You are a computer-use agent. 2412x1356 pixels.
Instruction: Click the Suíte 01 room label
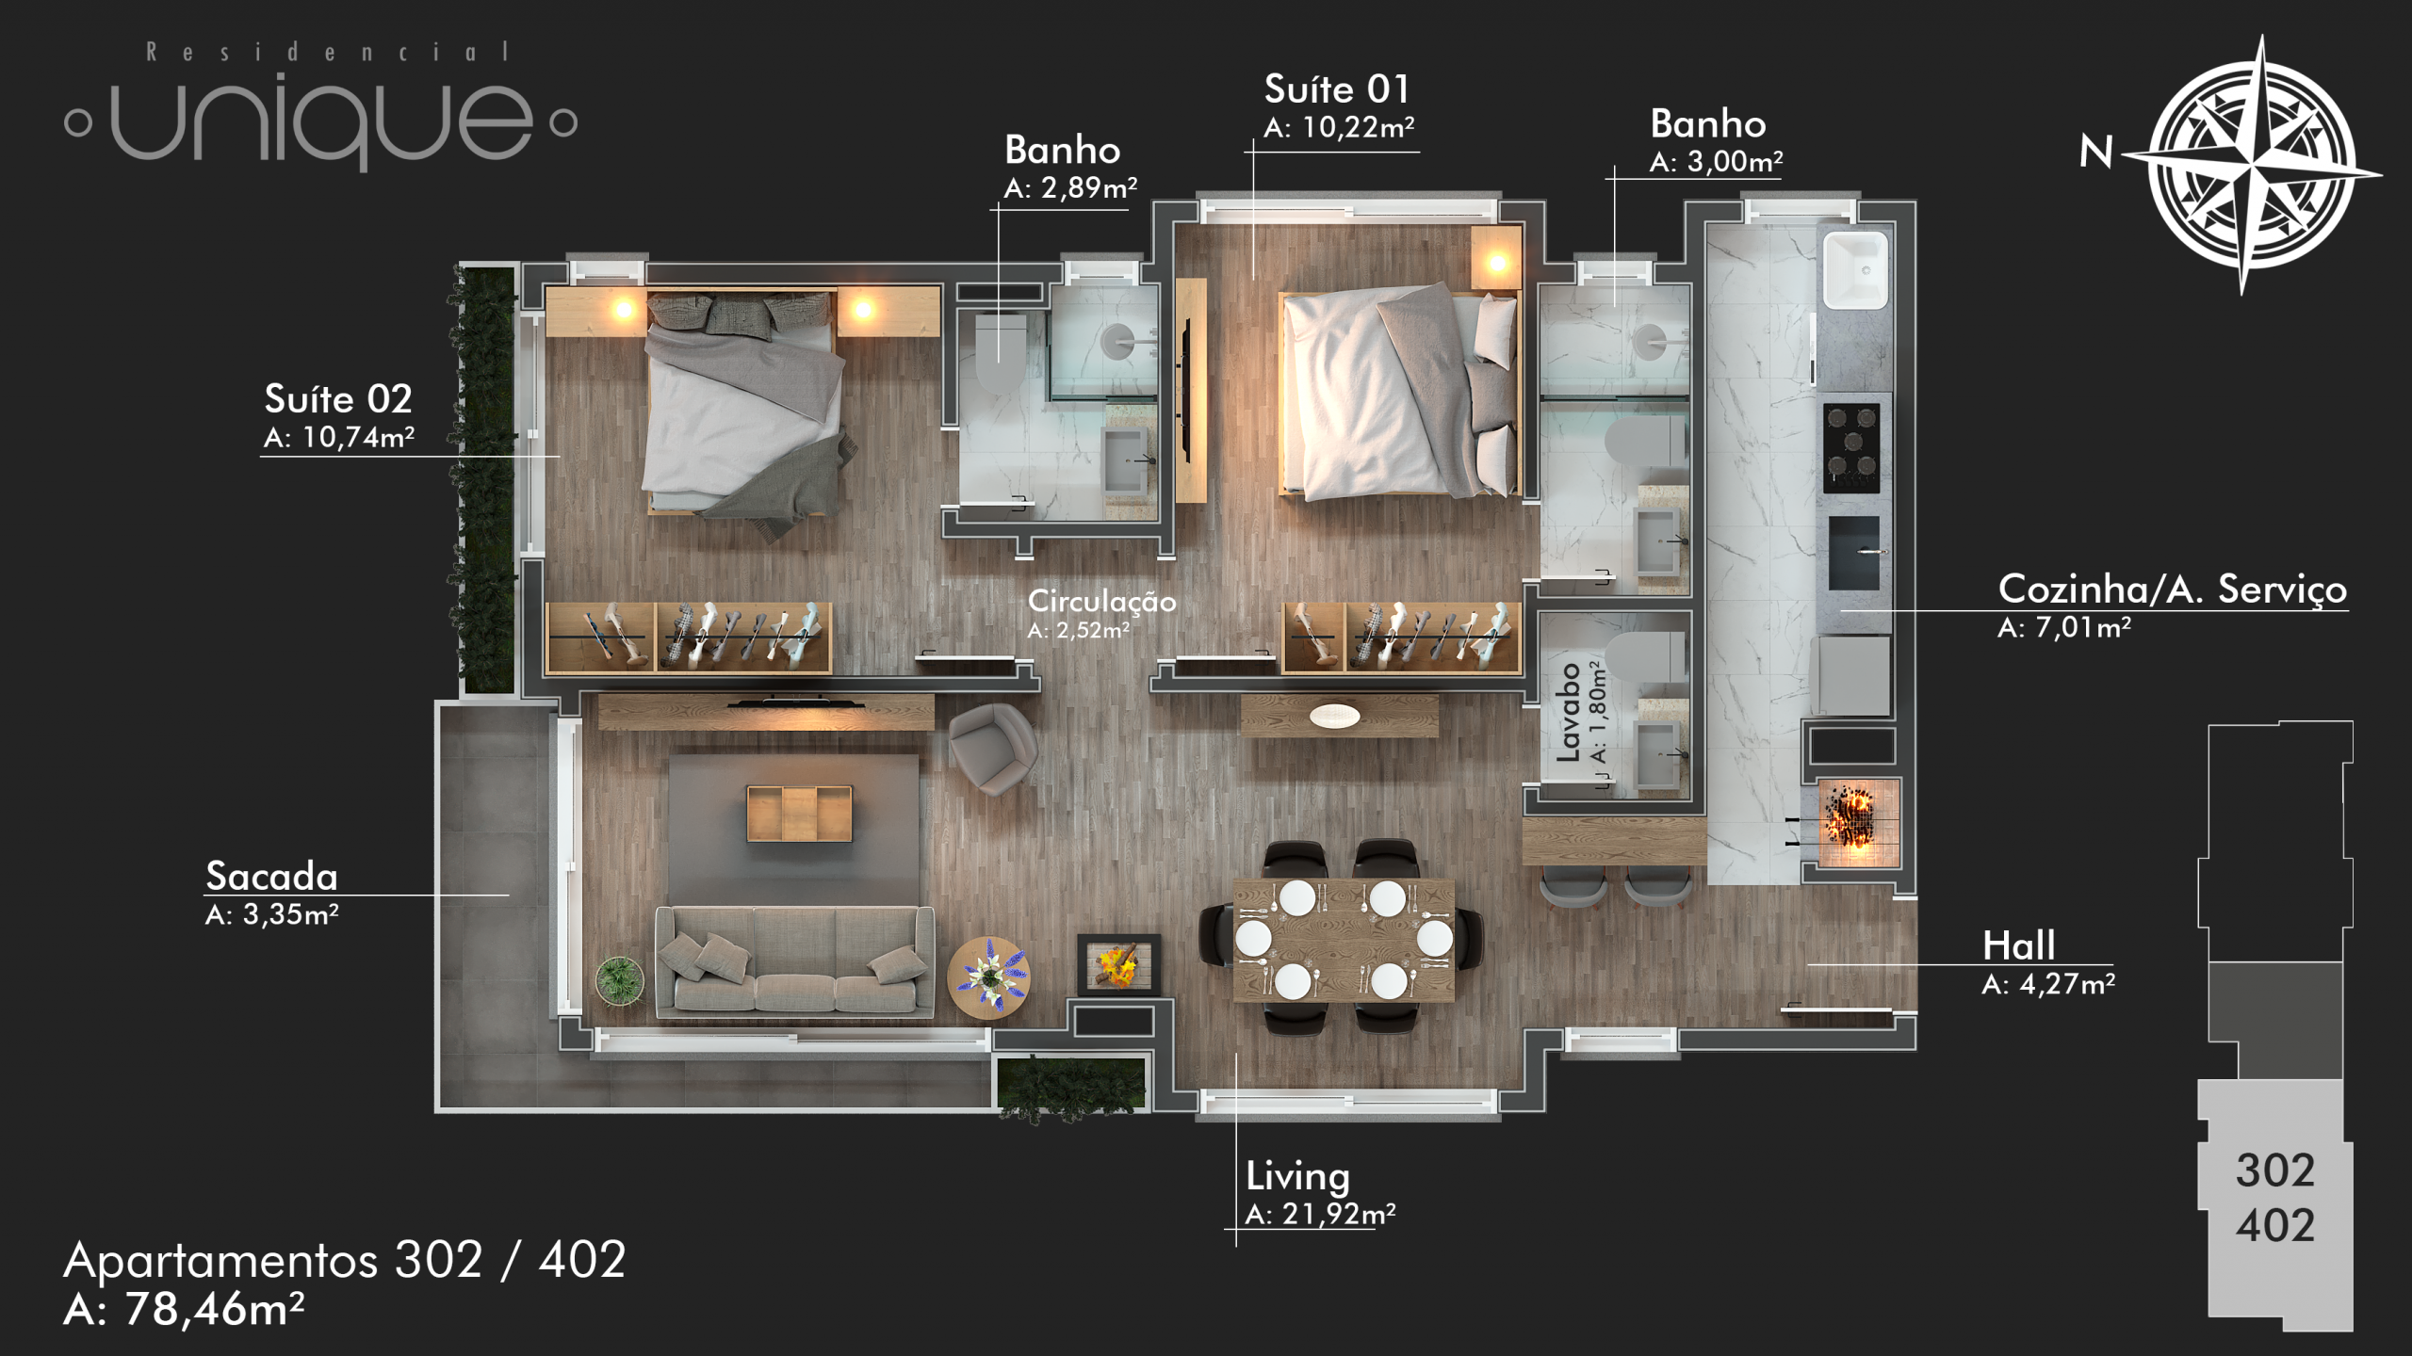1337,89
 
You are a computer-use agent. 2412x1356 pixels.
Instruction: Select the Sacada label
271,876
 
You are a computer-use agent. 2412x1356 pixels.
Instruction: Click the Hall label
2018,945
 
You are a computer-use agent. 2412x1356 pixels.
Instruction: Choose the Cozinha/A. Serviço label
2173,589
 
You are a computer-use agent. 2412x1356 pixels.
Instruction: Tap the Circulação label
1101,601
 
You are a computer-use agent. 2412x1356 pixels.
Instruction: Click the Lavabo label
1568,712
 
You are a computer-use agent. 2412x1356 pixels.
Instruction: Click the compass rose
2251,166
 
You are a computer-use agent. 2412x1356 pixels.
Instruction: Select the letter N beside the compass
2096,152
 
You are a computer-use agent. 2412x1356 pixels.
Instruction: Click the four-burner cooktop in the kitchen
1851,448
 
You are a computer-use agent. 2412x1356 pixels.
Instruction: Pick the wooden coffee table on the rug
799,813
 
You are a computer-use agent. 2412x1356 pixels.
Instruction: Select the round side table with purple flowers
988,977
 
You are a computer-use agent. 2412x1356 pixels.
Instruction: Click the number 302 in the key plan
2274,1170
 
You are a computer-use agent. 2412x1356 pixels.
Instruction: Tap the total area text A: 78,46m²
184,1309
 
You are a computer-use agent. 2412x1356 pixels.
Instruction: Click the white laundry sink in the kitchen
1856,270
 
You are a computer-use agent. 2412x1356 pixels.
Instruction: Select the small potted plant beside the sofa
620,980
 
